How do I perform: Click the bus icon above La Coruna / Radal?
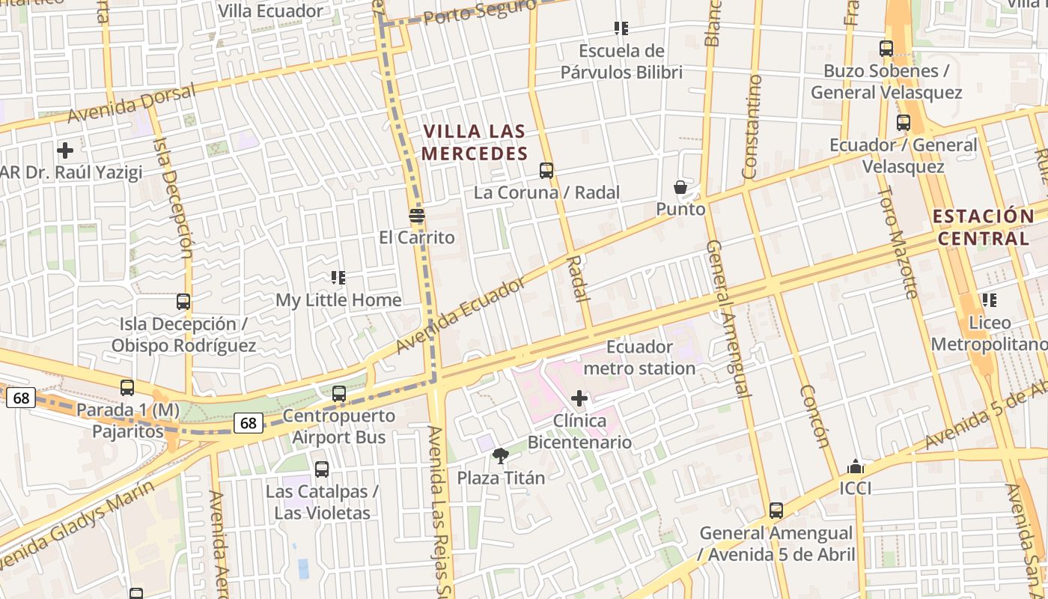[546, 171]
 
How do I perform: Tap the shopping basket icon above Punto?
[680, 187]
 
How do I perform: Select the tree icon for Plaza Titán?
[501, 455]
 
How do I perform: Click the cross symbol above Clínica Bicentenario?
[579, 398]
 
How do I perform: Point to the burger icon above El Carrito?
[417, 216]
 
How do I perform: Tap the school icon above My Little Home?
[338, 278]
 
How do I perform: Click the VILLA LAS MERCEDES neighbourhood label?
[475, 142]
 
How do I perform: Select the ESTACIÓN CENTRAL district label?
[983, 228]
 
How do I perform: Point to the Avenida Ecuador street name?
[461, 316]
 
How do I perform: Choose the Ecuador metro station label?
[639, 357]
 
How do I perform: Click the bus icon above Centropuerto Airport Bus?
[339, 393]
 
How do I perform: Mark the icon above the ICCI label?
[856, 467]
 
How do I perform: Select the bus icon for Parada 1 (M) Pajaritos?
[127, 388]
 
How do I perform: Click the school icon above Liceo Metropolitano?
[990, 300]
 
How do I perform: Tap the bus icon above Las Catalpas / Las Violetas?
[322, 469]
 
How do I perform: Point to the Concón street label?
[814, 416]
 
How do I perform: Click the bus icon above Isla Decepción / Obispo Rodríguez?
[183, 302]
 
